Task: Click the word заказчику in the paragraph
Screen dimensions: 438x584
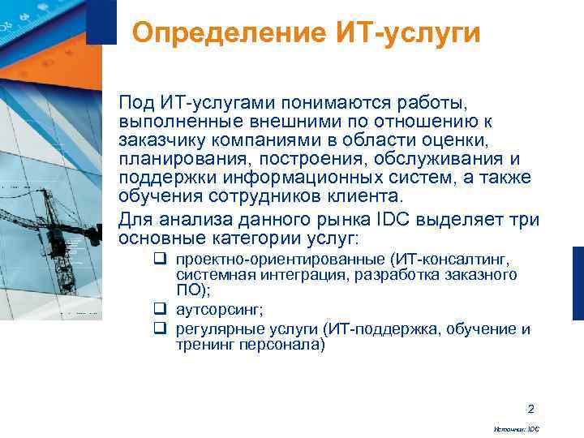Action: (x=160, y=140)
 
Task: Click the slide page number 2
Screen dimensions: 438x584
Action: (x=530, y=408)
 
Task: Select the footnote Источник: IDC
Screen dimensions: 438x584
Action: (x=516, y=428)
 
